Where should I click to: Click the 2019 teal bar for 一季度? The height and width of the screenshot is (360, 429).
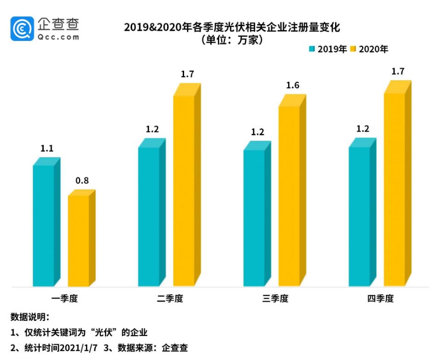pyautogui.click(x=44, y=226)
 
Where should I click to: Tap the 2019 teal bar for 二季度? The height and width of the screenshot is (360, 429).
pyautogui.click(x=149, y=216)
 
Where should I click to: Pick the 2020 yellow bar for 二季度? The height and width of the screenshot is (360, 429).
pyautogui.click(x=184, y=191)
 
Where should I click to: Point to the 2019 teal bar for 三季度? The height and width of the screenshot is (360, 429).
pyautogui.click(x=254, y=218)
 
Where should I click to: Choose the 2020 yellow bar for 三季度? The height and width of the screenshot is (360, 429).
pyautogui.click(x=289, y=196)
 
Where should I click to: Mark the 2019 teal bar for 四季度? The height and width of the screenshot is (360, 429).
pyautogui.click(x=359, y=216)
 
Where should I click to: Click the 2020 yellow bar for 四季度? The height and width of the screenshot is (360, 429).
pyautogui.click(x=394, y=189)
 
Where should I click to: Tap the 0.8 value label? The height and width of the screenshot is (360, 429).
pyautogui.click(x=82, y=181)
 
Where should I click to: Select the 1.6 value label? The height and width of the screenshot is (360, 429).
pyautogui.click(x=293, y=85)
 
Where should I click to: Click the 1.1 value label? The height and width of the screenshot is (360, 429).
pyautogui.click(x=47, y=149)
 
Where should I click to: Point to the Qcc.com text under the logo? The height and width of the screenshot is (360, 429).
pyautogui.click(x=59, y=37)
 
